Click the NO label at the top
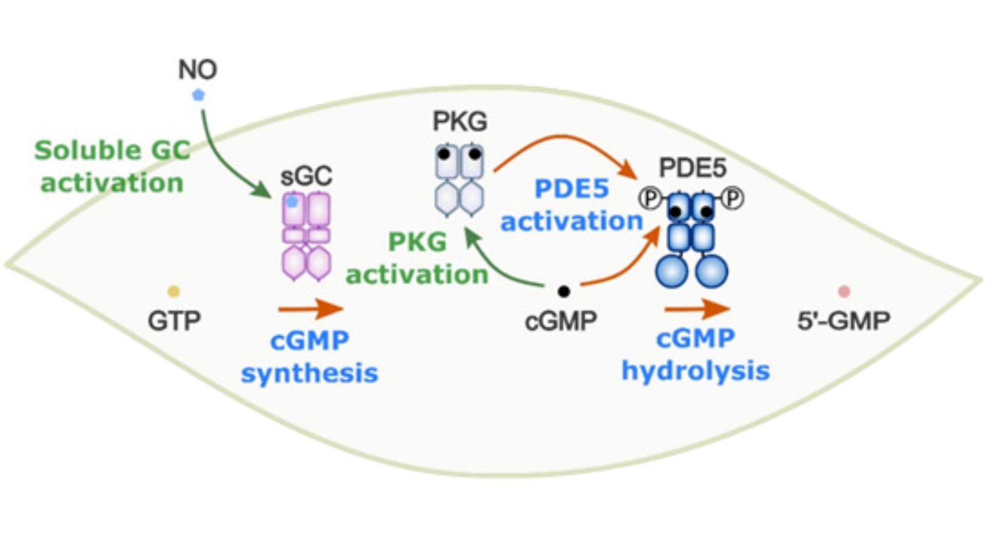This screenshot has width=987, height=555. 197,69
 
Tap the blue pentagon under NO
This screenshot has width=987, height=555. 198,95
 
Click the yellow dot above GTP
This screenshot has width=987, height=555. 174,291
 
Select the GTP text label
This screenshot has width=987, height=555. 174,321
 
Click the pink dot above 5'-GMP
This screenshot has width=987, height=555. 844,291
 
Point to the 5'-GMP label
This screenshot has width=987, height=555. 843,321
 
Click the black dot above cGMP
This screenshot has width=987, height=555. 564,291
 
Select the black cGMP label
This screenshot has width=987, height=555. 560,321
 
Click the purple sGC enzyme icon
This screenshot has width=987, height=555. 306,236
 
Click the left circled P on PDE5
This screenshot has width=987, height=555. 651,198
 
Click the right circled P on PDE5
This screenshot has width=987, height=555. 734,198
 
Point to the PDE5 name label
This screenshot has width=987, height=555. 692,169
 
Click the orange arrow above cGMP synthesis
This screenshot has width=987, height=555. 310,309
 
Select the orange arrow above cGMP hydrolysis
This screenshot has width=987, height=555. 697,309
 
